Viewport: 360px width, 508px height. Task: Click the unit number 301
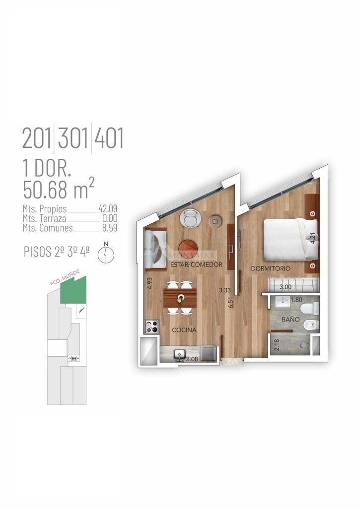pos(73,138)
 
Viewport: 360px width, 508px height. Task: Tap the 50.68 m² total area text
pos(59,189)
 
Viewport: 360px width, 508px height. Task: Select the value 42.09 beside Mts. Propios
pos(108,208)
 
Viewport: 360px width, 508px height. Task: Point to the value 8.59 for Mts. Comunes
pos(110,228)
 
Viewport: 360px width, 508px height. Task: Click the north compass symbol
pos(106,253)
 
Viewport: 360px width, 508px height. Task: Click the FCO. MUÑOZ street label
pos(65,278)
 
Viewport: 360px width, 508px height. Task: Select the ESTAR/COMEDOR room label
pos(197,264)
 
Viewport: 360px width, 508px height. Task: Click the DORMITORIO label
pos(271,268)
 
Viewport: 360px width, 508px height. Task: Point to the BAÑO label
pos(290,319)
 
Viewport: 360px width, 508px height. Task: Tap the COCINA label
pos(184,330)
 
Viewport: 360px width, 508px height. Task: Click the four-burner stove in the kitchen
pos(151,326)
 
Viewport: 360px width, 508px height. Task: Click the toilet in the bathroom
pos(310,308)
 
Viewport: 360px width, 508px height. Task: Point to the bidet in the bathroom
pos(311,324)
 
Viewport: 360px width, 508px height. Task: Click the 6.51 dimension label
pos(231,302)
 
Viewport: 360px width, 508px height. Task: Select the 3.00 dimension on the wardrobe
pos(286,287)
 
